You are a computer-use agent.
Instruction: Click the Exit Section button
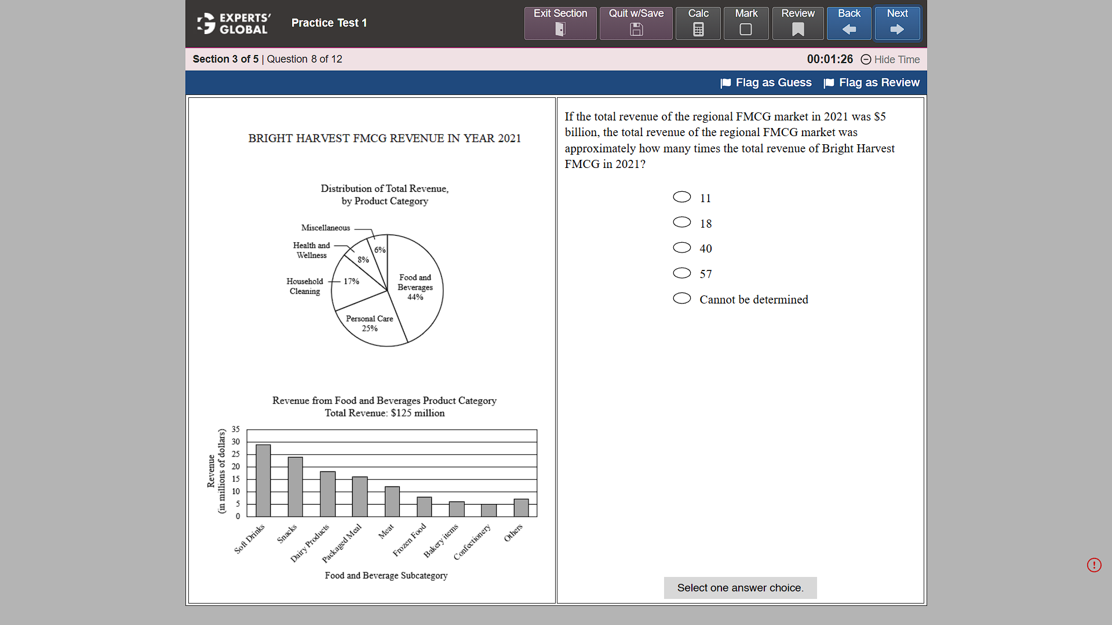(560, 23)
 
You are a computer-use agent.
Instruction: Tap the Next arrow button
(896, 23)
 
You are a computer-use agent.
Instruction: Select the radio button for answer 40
(682, 248)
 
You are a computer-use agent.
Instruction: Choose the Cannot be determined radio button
(682, 298)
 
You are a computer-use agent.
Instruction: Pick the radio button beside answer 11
(682, 198)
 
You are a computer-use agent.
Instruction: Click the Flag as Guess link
(766, 83)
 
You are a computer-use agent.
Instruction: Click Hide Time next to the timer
(890, 60)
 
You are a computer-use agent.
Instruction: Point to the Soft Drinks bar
(263, 480)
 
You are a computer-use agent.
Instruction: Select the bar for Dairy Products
(327, 494)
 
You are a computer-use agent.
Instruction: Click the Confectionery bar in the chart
(488, 510)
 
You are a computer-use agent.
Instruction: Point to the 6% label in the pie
(380, 250)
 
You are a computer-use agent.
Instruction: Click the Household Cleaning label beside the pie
(305, 286)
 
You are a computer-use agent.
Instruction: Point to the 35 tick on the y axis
(236, 429)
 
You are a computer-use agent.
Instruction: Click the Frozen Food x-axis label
(409, 540)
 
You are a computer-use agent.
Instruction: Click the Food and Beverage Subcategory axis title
(386, 575)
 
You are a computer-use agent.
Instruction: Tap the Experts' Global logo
(234, 23)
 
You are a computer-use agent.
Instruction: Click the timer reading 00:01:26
(830, 59)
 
